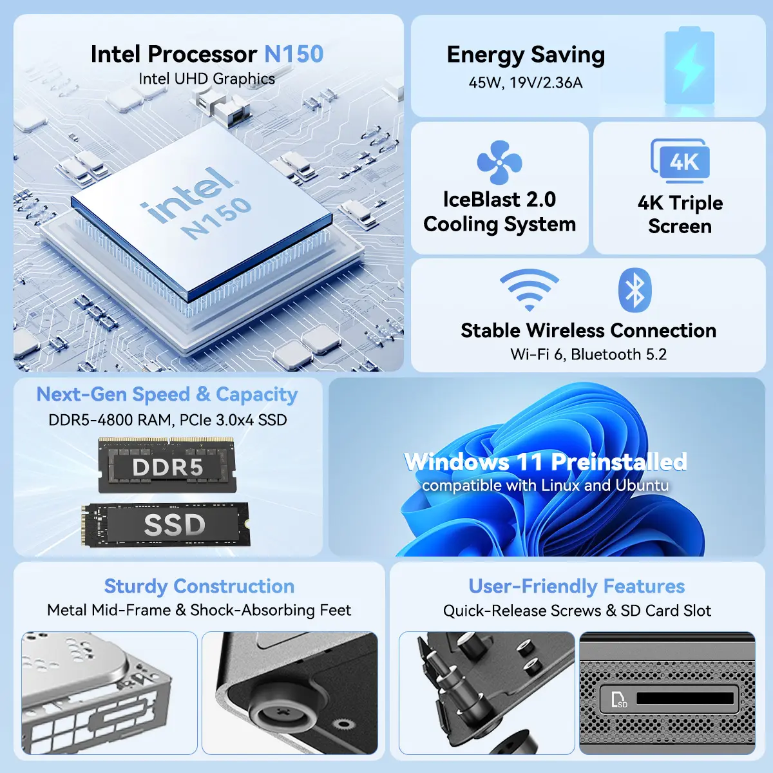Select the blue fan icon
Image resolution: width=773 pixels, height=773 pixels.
(x=499, y=162)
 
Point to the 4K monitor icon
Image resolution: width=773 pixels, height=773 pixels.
(x=680, y=161)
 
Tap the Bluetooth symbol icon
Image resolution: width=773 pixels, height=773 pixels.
(x=635, y=290)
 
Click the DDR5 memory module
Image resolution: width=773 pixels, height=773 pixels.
(x=167, y=465)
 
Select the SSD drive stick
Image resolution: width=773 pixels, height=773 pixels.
(x=166, y=524)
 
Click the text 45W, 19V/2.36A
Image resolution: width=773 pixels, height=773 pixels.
(x=526, y=82)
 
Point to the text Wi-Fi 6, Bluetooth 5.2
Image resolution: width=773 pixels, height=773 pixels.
(x=589, y=354)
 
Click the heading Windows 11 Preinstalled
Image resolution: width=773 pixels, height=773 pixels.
(x=545, y=462)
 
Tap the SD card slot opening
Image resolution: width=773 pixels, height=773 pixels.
(x=685, y=698)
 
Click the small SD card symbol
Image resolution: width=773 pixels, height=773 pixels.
(x=618, y=699)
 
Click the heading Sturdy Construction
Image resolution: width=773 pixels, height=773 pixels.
(x=199, y=586)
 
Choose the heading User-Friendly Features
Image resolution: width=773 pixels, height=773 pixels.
(x=577, y=586)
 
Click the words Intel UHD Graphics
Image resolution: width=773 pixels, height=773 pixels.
(x=207, y=79)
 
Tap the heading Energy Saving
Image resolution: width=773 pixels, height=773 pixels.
(x=526, y=55)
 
